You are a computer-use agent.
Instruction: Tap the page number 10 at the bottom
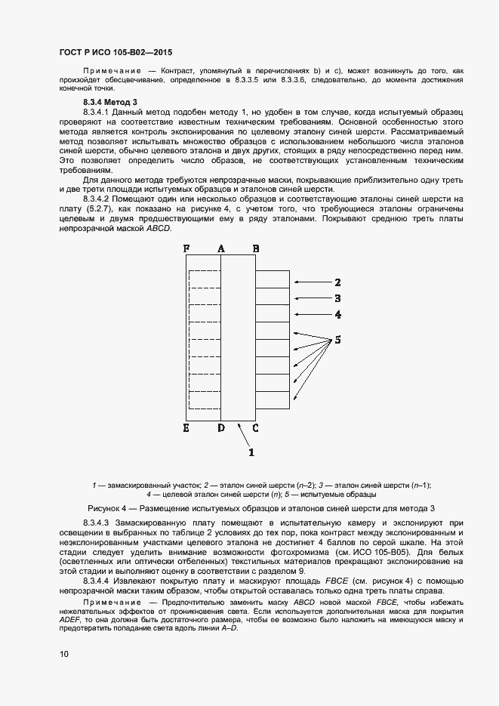(64, 654)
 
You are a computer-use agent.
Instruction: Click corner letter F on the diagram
(186, 248)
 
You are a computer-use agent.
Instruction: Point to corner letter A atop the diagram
(221, 248)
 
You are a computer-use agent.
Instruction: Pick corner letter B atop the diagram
(256, 248)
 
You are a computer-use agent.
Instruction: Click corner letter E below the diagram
(186, 429)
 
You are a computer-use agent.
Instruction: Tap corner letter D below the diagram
(220, 429)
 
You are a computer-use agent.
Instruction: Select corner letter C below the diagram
(255, 429)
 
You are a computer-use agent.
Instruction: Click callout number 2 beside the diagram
(338, 282)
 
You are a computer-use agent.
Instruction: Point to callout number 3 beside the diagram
(338, 298)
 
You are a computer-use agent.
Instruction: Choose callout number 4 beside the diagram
(338, 314)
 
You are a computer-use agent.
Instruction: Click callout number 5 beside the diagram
(338, 340)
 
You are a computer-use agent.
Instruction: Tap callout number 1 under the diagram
(251, 452)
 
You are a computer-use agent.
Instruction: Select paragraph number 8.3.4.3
(96, 523)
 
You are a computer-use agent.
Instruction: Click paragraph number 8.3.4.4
(96, 581)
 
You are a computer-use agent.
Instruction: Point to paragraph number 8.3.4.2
(96, 199)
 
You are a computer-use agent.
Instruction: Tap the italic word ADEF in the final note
(70, 618)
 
